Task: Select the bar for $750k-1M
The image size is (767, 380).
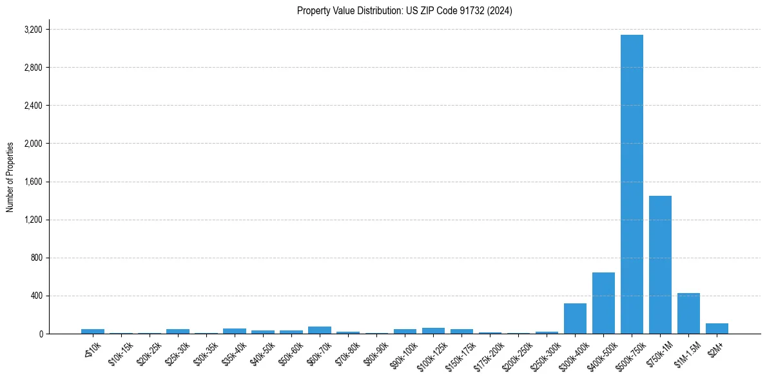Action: coord(660,265)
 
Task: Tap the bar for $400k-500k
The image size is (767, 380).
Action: coord(603,303)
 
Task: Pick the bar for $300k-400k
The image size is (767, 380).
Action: coord(575,319)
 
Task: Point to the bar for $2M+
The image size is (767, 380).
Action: coord(717,328)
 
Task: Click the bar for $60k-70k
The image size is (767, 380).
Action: coord(320,330)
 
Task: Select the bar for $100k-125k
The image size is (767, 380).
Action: coord(433,331)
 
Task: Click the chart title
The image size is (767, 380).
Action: coord(405,11)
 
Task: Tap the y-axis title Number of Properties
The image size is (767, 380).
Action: coord(10,177)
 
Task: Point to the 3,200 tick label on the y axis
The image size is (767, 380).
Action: coord(33,30)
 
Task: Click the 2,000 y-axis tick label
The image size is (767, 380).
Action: coord(33,144)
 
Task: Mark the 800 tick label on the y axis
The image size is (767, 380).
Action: coord(36,258)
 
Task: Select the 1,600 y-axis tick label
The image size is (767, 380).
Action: coord(33,182)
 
